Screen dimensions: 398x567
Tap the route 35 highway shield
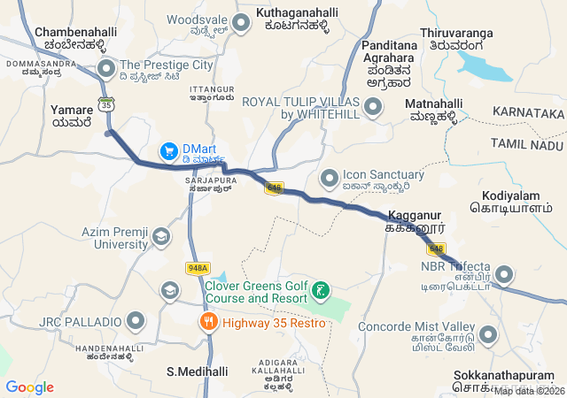[x=107, y=103]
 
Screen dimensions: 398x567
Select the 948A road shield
[x=198, y=267]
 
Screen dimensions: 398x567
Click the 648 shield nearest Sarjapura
[x=274, y=188]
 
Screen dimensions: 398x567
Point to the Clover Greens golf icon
[x=321, y=290]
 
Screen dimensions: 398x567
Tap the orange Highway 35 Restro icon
[x=209, y=322]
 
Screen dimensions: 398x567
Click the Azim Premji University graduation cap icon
[x=161, y=237]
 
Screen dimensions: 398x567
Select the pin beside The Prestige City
[x=106, y=66]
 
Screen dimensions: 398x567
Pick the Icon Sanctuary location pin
[x=329, y=178]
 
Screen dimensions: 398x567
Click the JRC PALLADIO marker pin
[x=136, y=320]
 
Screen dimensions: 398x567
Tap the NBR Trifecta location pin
[x=502, y=274]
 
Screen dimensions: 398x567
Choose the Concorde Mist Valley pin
[x=488, y=335]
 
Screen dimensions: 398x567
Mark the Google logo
[x=29, y=387]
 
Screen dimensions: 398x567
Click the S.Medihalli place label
[x=198, y=371]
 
